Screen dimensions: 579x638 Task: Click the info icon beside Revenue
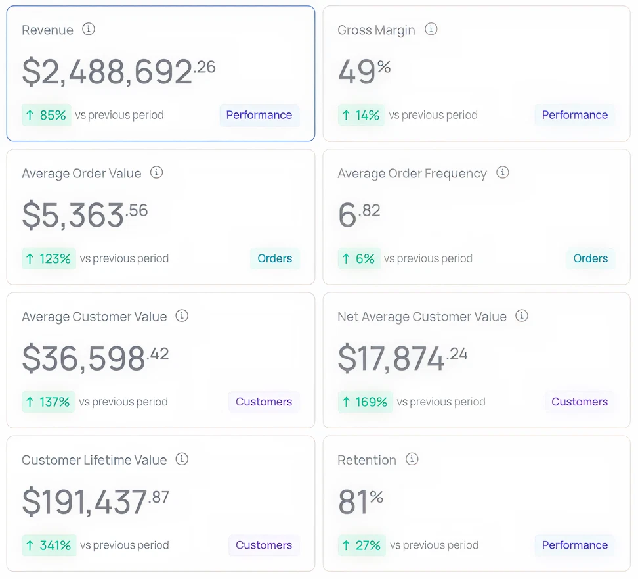pos(89,29)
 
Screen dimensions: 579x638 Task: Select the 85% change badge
pos(47,116)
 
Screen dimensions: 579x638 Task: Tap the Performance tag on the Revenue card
pos(259,115)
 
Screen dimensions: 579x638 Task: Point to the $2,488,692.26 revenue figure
pos(118,72)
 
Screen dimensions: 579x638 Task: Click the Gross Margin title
pos(376,30)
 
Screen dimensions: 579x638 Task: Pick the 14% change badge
pos(361,116)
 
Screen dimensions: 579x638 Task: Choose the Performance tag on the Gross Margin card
pos(575,115)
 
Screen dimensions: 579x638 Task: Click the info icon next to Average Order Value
pos(156,173)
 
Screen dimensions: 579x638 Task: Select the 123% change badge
pos(49,259)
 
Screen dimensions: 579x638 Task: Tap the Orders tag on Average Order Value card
pos(275,258)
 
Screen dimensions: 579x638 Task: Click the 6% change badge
pos(358,259)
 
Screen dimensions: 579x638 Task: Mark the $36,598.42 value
pos(95,358)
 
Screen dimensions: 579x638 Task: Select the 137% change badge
pos(48,402)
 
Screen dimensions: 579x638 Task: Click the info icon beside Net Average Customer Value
pos(522,316)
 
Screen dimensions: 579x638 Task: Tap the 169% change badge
pos(365,402)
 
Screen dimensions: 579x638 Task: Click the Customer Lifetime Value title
pos(95,460)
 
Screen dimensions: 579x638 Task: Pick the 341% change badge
pos(49,545)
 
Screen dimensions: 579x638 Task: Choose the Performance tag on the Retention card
pos(575,545)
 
